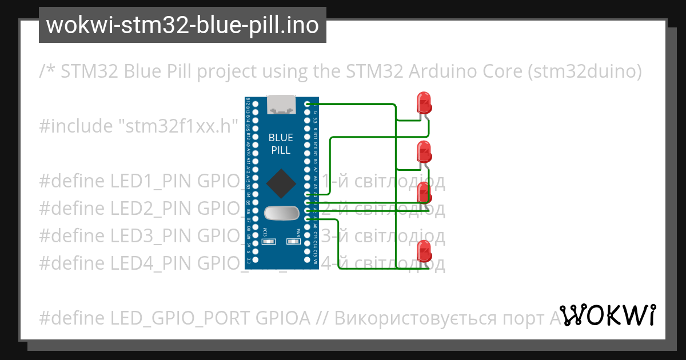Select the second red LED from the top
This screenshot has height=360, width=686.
(424, 151)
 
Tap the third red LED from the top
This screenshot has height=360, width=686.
(424, 193)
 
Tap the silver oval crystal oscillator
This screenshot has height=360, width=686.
(281, 213)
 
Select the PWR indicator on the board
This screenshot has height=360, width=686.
(294, 242)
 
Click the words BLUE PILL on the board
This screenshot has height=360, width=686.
(281, 144)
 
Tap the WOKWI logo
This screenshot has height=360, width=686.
(608, 315)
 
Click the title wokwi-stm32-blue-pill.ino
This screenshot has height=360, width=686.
(182, 26)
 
